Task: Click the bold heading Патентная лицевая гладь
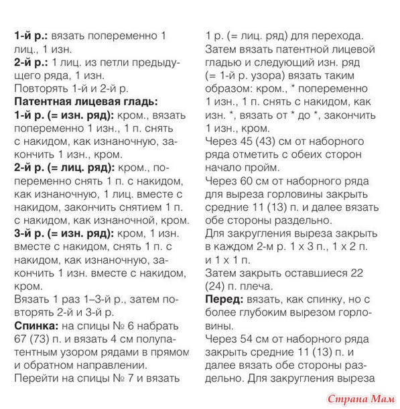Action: [x=86, y=101]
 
